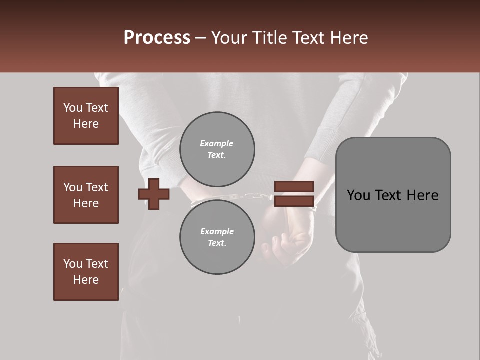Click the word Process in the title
157,38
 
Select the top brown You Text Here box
86,116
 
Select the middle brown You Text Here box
86,195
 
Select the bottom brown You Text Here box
86,272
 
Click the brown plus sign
154,194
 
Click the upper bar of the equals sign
294,187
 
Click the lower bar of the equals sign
294,201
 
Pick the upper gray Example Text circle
217,149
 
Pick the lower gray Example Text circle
217,237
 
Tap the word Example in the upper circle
216,143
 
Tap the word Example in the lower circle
217,231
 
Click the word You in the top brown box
72,108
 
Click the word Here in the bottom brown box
86,280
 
